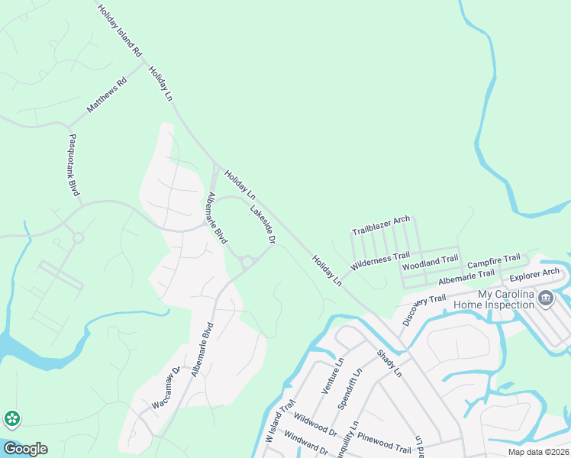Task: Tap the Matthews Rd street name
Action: tap(106, 95)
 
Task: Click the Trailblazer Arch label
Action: tap(381, 224)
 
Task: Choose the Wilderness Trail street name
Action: tap(380, 260)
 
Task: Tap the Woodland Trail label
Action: tap(431, 263)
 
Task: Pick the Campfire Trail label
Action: tap(493, 261)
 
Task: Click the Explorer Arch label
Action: tap(534, 275)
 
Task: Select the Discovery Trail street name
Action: tap(424, 308)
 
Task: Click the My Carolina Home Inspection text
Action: tap(495, 299)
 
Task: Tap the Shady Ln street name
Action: tap(388, 363)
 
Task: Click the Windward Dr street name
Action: tap(305, 444)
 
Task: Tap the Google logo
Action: tap(25, 448)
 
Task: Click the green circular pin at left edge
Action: tap(11, 418)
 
